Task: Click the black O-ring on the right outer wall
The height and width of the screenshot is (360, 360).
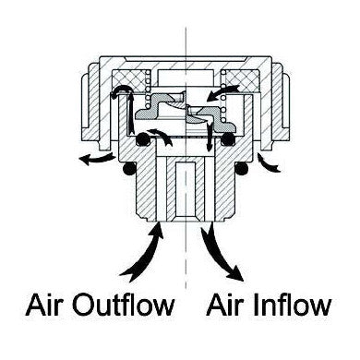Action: click(243, 171)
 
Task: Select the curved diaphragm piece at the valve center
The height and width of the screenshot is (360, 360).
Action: click(185, 110)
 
